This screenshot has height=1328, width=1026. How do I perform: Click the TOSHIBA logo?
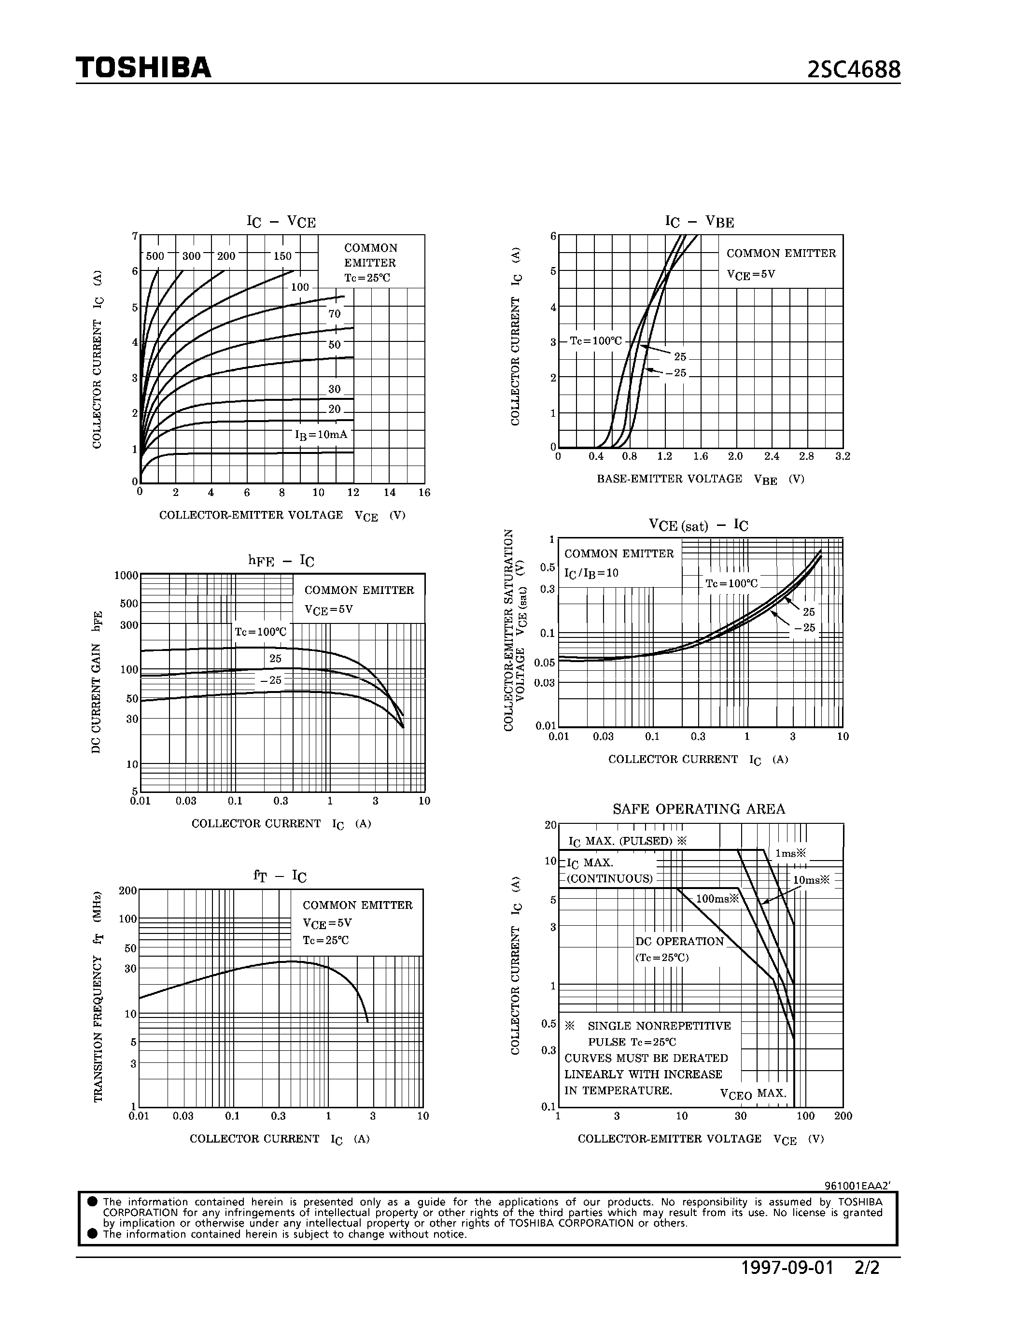click(143, 68)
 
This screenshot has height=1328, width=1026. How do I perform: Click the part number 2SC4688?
click(853, 71)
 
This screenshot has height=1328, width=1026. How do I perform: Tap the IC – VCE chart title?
click(281, 221)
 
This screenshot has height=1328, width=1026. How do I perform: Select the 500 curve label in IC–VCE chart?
click(155, 256)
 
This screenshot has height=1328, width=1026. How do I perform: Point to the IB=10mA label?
click(321, 435)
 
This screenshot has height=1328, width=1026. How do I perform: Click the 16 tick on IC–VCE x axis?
click(424, 493)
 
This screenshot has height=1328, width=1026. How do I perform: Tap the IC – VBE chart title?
click(699, 221)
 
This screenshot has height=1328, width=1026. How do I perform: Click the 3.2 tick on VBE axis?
click(843, 456)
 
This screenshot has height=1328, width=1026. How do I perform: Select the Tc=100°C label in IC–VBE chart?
click(596, 341)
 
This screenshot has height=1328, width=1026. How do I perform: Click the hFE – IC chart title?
click(281, 561)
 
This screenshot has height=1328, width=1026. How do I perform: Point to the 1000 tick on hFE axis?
click(126, 575)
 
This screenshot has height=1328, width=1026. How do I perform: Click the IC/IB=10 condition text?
click(591, 573)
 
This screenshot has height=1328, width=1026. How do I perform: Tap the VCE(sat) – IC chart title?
click(698, 525)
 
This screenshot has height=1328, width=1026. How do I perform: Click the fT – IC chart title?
click(280, 876)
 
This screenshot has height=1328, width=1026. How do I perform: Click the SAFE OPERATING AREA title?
click(698, 809)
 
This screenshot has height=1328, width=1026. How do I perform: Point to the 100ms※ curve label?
click(717, 899)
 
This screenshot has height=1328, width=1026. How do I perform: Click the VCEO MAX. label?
click(753, 1093)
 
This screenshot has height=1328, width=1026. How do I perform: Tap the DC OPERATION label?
click(679, 941)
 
